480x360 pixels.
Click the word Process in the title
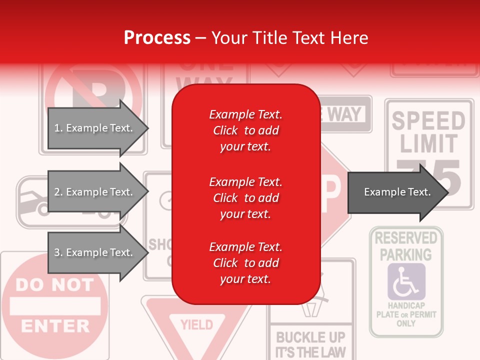point(157,37)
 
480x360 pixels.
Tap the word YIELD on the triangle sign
point(196,325)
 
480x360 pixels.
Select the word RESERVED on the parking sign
point(406,238)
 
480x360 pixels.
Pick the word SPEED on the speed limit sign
point(428,121)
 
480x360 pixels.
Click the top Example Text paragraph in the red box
point(245,130)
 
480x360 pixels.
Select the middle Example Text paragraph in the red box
point(245,198)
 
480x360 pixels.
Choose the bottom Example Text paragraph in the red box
point(245,263)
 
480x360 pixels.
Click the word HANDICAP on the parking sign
point(406,305)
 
